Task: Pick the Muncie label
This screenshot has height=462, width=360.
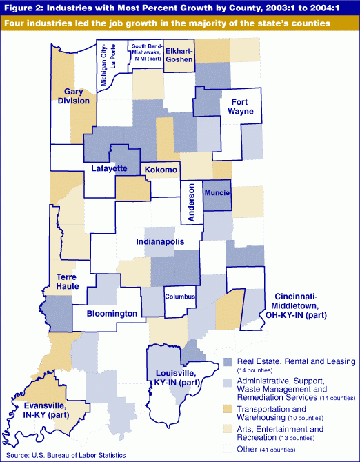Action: tap(217, 194)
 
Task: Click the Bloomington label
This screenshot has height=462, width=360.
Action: tap(112, 314)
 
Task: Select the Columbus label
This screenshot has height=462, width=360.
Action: tap(180, 297)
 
